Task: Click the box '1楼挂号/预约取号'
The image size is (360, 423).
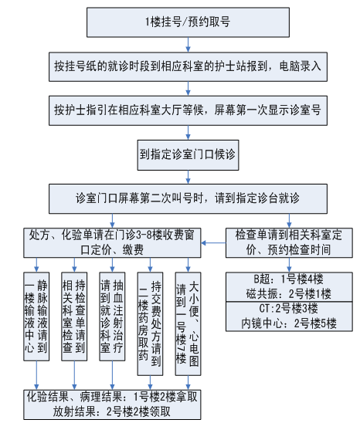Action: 188,22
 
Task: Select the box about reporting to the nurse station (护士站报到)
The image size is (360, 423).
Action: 188,66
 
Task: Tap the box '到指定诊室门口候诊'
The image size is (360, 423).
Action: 188,155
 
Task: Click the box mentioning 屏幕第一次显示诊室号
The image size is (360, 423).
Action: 188,110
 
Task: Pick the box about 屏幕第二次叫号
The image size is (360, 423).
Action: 188,198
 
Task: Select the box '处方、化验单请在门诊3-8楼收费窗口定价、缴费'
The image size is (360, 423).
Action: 112,242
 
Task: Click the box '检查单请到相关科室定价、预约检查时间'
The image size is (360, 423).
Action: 289,242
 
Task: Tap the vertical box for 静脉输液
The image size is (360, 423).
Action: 36,316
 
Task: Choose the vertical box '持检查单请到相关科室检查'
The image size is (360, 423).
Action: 74,316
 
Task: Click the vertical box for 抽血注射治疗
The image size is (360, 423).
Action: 112,316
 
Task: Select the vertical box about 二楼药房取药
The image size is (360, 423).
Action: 150,323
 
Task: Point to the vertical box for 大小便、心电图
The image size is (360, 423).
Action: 188,323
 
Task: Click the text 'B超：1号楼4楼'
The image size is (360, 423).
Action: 288,279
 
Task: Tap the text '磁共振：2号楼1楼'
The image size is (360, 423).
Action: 288,294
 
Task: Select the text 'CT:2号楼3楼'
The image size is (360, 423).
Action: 288,308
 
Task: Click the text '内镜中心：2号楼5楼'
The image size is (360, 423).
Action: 288,323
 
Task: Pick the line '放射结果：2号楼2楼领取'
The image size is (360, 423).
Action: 111,411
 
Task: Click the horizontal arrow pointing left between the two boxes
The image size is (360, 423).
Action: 213,243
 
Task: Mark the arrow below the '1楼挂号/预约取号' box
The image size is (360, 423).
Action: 188,45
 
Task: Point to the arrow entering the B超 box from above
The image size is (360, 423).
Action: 289,265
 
